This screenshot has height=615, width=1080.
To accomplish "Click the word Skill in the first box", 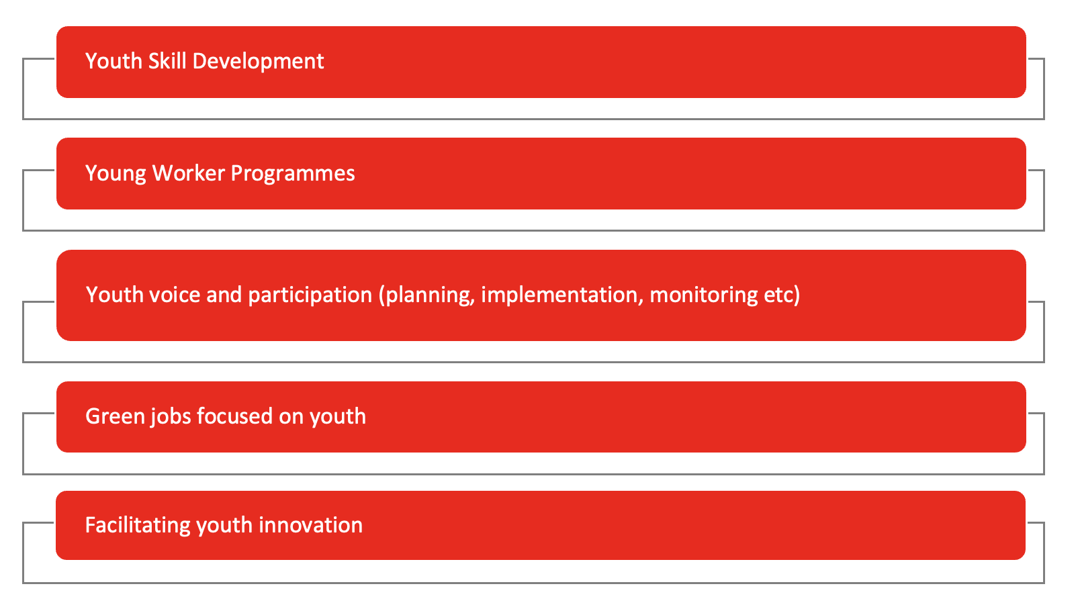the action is pyautogui.click(x=167, y=61).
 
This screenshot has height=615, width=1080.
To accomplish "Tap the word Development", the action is pyautogui.click(x=258, y=61).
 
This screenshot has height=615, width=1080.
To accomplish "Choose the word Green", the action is pyautogui.click(x=115, y=416).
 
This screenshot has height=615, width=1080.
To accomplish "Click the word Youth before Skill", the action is pyautogui.click(x=114, y=61).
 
